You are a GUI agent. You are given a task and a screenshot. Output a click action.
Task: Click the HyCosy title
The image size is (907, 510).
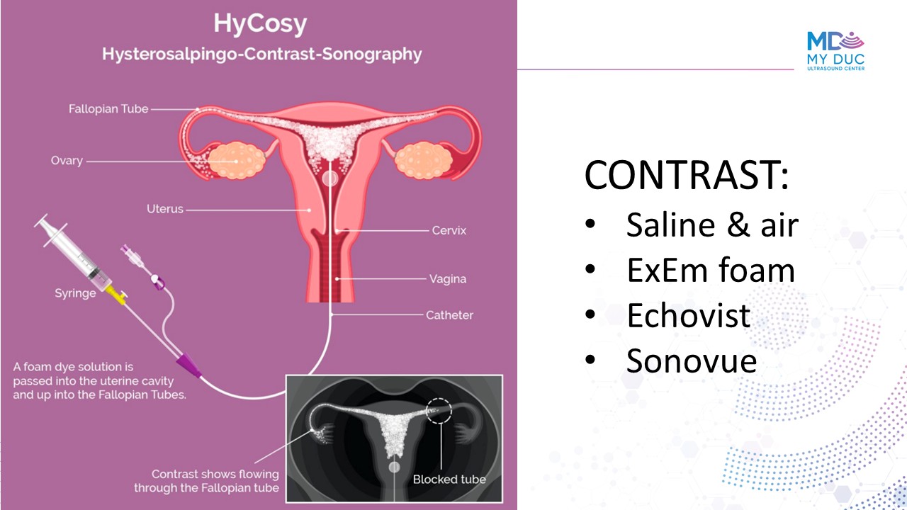coord(260,24)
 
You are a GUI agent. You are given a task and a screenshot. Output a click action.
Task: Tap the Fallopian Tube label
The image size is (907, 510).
coord(108,109)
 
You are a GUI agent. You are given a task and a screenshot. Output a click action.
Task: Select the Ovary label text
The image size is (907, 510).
coord(67,161)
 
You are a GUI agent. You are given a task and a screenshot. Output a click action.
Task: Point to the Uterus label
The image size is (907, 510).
coord(165,209)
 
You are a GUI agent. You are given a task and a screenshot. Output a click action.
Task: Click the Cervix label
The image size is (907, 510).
coord(449,230)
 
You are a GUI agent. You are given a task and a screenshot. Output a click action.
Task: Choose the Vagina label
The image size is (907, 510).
coord(448,279)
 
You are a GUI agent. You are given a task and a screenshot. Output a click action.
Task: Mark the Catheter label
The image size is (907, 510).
coord(449,315)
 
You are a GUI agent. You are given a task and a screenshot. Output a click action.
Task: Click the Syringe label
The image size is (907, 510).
coord(75,293)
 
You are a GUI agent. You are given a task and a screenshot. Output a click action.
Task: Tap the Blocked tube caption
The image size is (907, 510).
coord(449,480)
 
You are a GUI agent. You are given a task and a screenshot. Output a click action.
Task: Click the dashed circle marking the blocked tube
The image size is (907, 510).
coord(439,399)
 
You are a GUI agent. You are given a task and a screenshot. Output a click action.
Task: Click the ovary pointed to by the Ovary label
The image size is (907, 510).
coord(237,161)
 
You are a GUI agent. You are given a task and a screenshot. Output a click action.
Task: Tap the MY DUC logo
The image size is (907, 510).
coord(835,51)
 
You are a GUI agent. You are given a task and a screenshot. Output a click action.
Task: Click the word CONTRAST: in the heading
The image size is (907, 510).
coord(687,174)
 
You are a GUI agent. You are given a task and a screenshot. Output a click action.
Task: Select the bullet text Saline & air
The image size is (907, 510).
coord(712,225)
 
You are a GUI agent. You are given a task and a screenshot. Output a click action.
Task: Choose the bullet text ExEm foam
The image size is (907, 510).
coord(711,270)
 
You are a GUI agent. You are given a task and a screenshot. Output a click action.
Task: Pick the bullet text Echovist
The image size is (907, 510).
coord(688,315)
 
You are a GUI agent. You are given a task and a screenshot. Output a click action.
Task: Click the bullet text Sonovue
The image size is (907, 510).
coord(692,361)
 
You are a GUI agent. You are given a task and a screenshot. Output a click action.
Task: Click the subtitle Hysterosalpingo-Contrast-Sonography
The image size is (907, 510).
coord(261,55)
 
